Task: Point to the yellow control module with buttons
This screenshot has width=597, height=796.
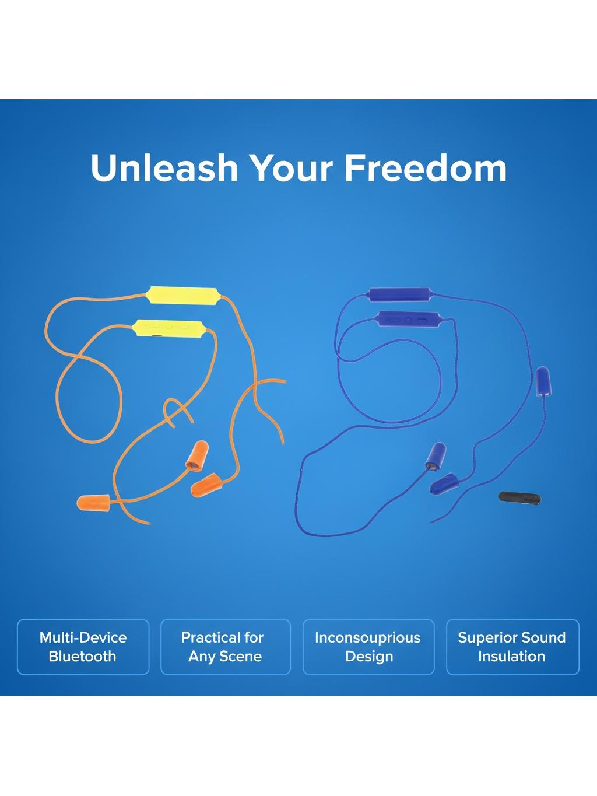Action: coord(169,328)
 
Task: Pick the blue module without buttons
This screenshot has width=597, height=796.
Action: coord(400,294)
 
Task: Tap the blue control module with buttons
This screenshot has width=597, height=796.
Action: coord(409,320)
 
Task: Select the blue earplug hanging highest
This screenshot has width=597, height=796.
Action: coord(543,381)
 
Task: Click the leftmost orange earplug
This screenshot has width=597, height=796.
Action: coord(93,501)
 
